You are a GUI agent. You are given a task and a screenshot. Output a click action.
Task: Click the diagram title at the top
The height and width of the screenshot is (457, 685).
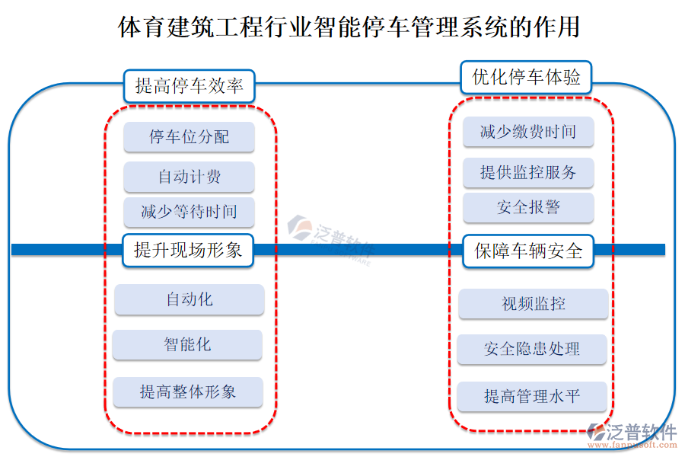[x=349, y=28]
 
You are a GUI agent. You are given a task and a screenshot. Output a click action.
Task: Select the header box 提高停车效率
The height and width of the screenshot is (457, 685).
[x=189, y=86]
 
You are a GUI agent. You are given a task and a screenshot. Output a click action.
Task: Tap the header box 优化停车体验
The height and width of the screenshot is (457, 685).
[x=527, y=77]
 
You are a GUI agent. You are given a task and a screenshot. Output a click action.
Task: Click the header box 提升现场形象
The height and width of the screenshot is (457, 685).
[x=188, y=250]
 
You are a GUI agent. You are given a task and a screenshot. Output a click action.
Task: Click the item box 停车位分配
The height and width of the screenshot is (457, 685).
[x=189, y=137]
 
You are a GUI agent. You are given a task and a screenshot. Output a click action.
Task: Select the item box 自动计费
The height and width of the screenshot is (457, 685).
[x=189, y=177]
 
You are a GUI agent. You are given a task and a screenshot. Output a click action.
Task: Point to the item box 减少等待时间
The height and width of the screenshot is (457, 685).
[x=189, y=212]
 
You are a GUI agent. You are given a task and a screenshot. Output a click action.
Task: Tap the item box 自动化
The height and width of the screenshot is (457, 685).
[x=189, y=299]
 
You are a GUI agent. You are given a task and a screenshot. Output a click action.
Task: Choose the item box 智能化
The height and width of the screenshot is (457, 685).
[x=187, y=344]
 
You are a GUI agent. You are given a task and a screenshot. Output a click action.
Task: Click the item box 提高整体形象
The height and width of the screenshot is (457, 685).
[x=187, y=391]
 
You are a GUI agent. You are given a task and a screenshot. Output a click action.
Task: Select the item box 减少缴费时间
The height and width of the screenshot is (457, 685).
[x=528, y=132]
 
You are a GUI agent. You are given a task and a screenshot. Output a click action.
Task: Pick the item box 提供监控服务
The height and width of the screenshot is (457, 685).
[x=528, y=172]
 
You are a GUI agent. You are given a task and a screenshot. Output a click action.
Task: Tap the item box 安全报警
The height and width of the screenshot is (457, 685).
[x=528, y=207]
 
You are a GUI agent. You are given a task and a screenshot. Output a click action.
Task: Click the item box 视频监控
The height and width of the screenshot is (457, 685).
[x=533, y=304]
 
